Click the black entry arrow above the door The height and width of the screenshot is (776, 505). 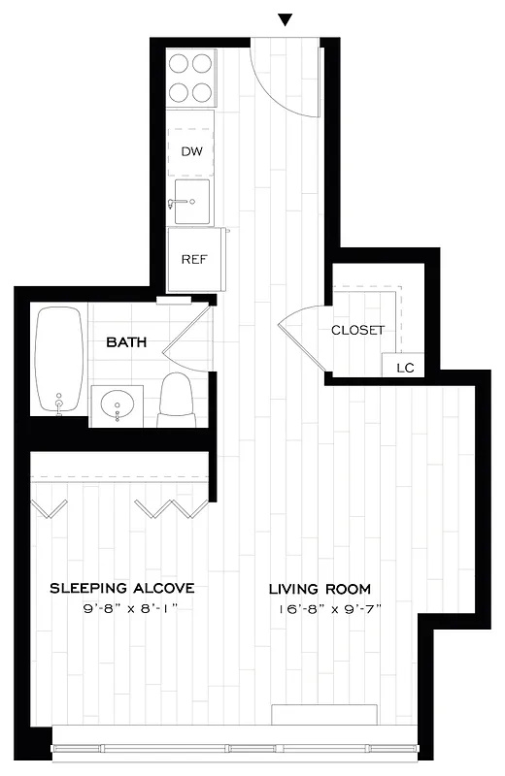click(286, 19)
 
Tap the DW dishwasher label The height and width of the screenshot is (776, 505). click(190, 151)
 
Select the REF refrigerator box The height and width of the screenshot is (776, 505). click(191, 259)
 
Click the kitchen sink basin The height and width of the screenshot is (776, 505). click(192, 201)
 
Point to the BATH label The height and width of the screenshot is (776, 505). click(126, 342)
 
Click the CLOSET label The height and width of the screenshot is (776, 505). click(358, 330)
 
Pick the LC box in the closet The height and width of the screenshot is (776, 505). click(405, 368)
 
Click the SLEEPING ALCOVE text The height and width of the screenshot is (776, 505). click(122, 589)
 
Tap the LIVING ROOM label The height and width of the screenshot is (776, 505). click(320, 589)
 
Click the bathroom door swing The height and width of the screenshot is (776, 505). click(191, 335)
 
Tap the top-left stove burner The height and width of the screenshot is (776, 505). click(180, 65)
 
